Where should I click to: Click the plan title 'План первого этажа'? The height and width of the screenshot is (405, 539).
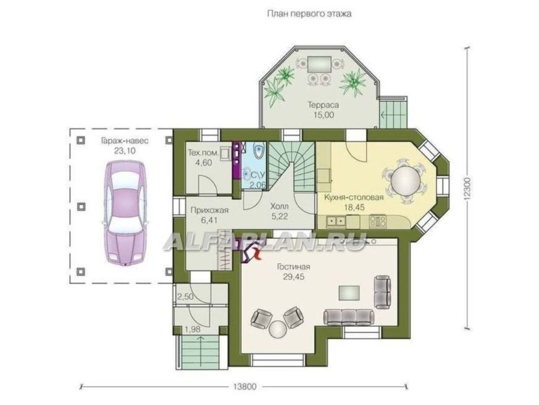[x=309, y=14]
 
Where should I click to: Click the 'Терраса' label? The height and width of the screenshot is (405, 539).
[x=323, y=104]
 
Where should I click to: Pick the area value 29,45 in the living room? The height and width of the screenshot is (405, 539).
[x=294, y=277]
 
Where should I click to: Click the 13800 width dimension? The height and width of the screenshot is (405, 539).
[x=245, y=387]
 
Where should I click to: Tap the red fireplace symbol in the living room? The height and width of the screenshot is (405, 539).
[x=256, y=253]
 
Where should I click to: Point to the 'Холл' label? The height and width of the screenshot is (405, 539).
[x=279, y=206]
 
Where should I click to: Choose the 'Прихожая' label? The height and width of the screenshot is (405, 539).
[x=209, y=210]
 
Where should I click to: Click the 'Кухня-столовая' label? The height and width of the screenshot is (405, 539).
[x=354, y=197]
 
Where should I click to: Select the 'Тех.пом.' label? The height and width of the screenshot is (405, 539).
[x=203, y=152]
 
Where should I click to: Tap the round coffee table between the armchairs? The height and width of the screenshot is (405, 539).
[x=278, y=329]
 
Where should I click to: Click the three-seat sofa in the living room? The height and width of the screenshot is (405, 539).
[x=348, y=317]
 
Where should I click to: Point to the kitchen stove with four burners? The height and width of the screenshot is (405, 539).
[x=377, y=221]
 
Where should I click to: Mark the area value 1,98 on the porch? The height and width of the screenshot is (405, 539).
[x=192, y=330]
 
